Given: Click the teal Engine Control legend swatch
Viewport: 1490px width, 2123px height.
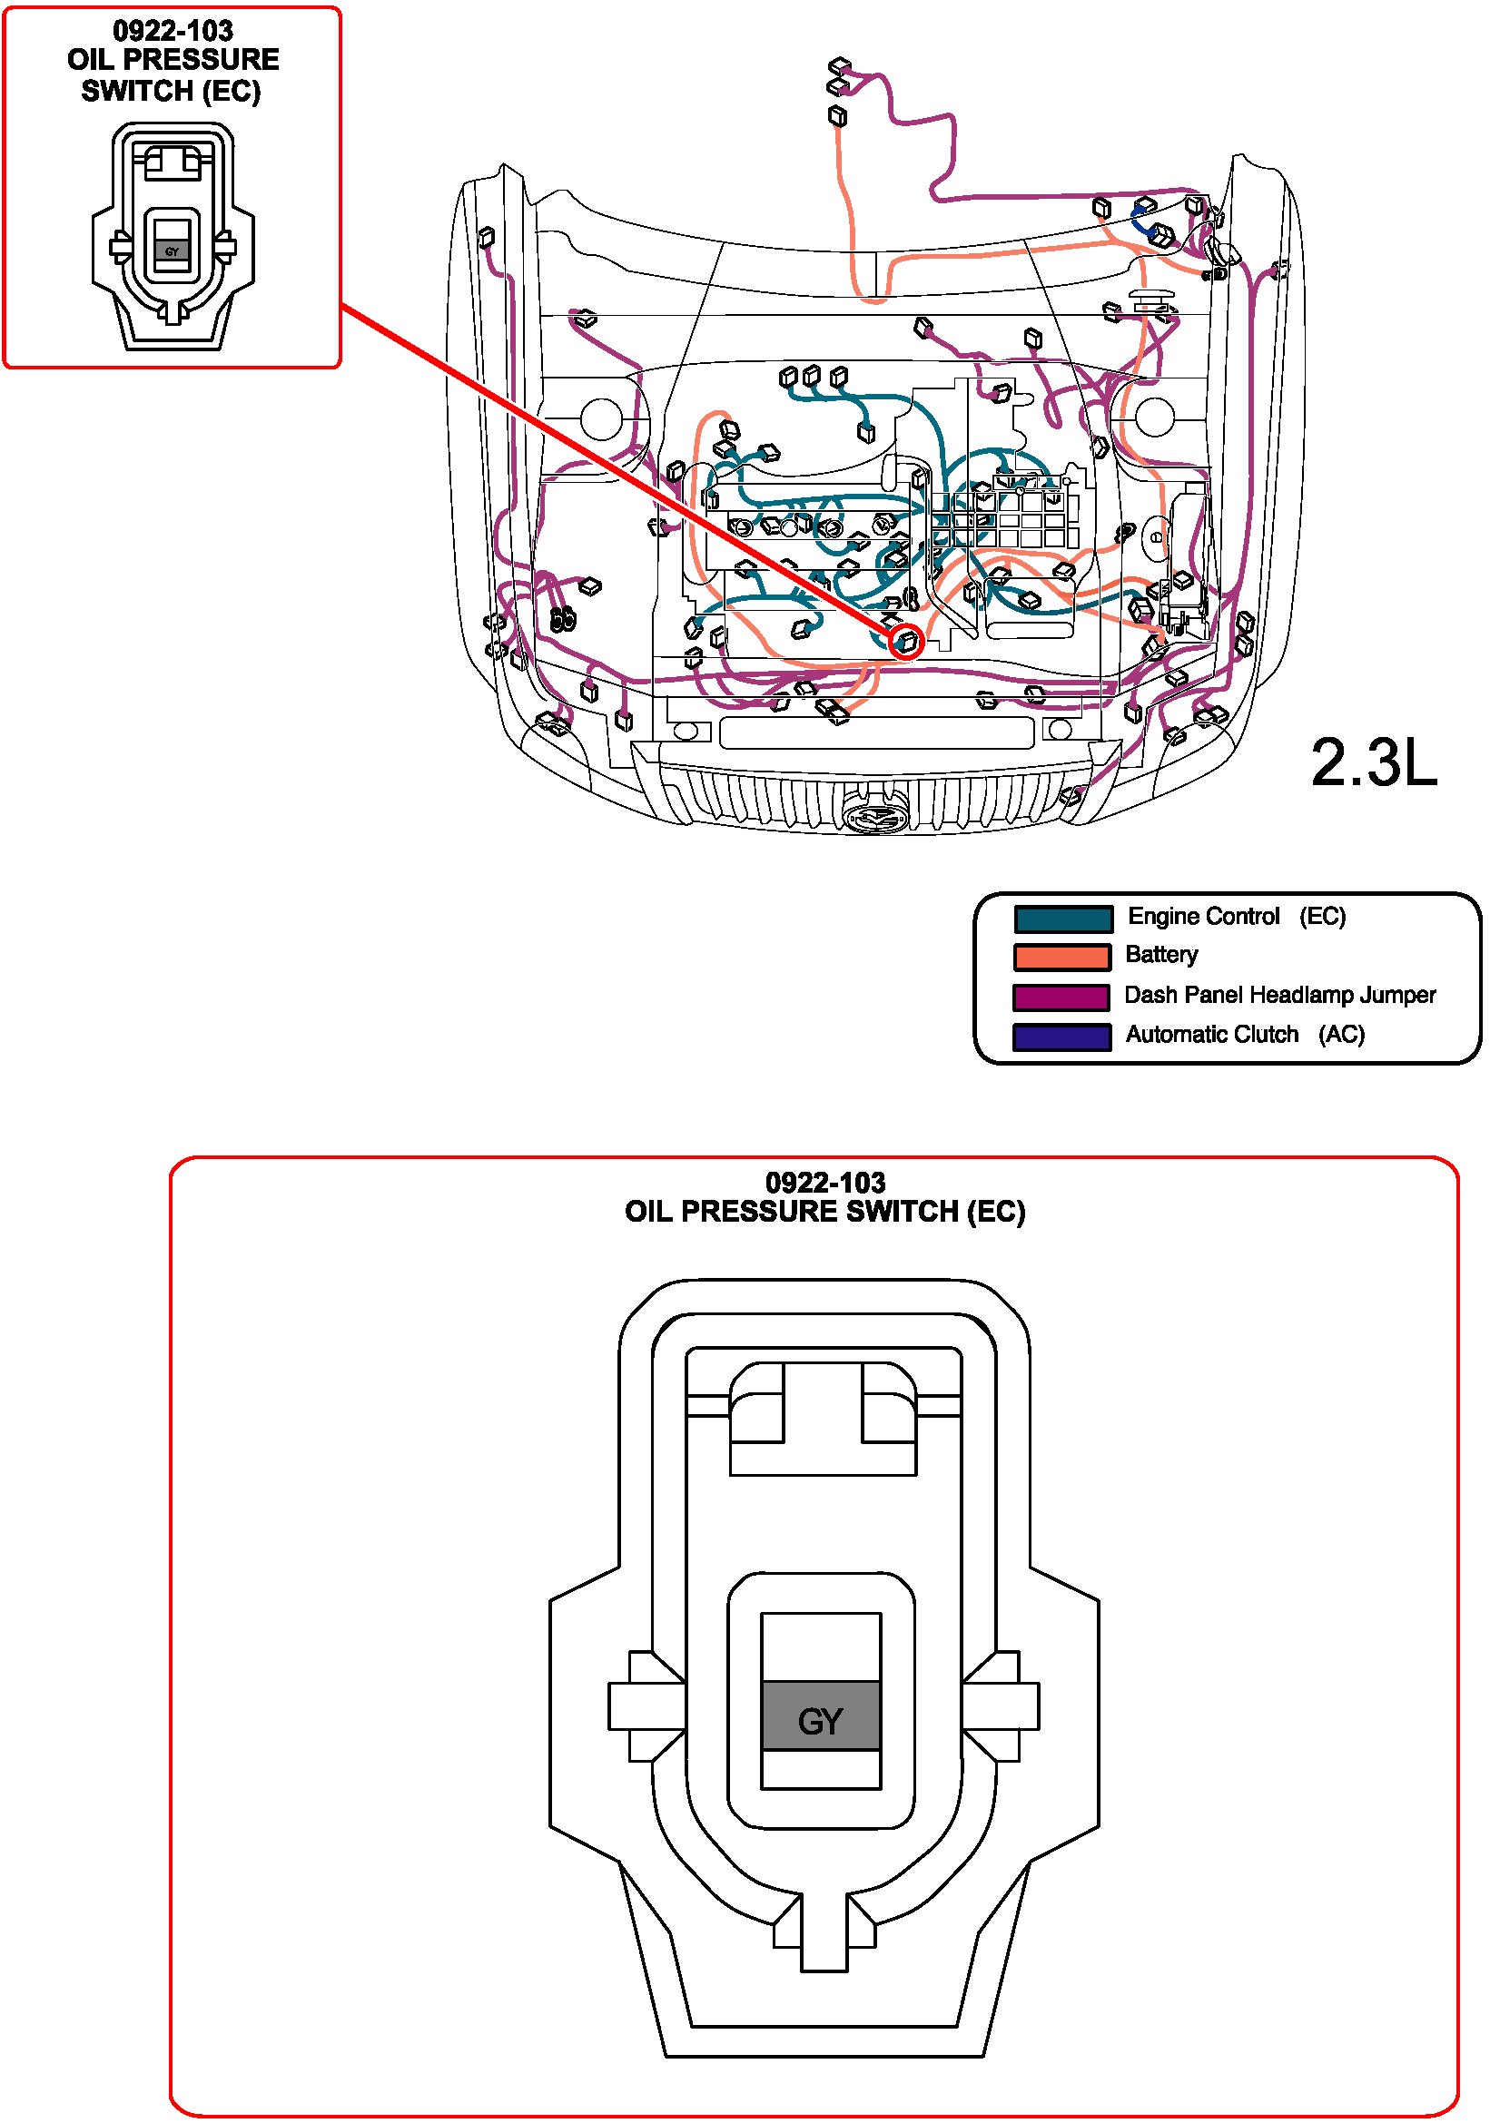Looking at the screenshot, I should [1062, 919].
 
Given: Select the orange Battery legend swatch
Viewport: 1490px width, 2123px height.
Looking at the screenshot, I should [1061, 957].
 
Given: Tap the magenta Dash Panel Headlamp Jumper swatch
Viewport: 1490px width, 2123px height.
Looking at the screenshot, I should [1061, 997].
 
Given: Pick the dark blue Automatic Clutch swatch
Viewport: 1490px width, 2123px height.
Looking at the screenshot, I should [1061, 1037].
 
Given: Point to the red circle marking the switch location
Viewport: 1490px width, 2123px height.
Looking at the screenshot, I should [906, 641].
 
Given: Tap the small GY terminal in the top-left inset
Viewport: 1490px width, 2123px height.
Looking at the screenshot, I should [172, 251].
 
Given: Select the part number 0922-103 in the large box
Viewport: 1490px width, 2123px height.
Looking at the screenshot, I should [825, 1182].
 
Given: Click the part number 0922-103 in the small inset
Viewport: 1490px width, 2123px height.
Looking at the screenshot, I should [173, 31].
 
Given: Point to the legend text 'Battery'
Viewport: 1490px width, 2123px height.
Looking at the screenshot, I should [1160, 954].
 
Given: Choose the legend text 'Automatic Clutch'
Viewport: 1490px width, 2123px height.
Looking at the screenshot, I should [1211, 1034].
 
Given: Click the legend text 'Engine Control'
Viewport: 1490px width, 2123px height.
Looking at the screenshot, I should [1203, 917].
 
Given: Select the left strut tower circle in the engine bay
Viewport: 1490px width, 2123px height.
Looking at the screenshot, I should [602, 418].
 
